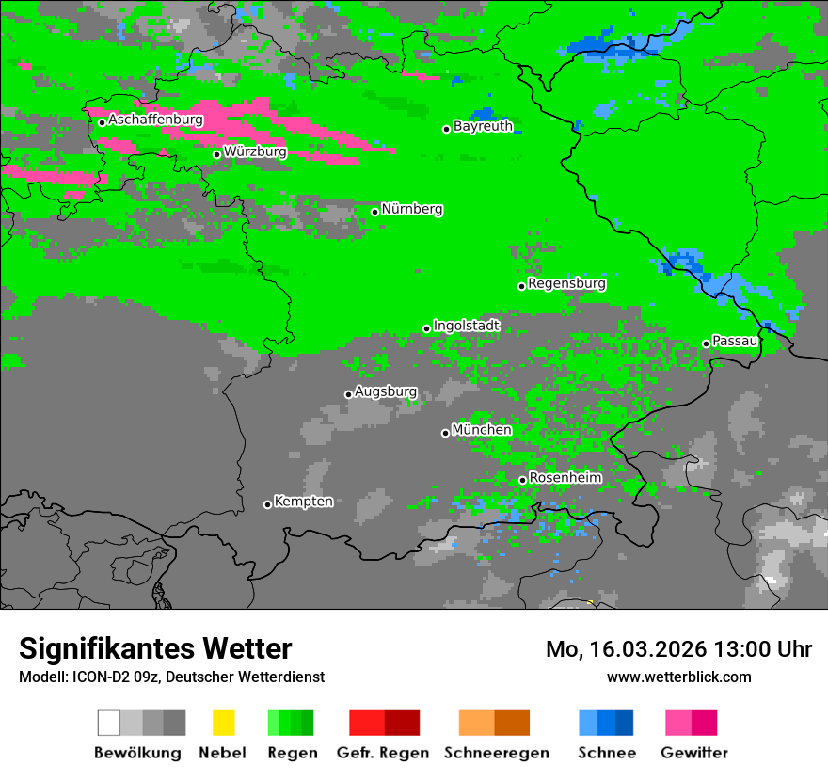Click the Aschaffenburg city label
pyautogui.click(x=155, y=120)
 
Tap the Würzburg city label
pyautogui.click(x=255, y=151)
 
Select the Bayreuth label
pyautogui.click(x=483, y=126)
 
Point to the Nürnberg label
pyautogui.click(x=411, y=209)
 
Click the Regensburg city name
pyautogui.click(x=566, y=283)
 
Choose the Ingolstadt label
pyautogui.click(x=467, y=326)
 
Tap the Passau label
pyautogui.click(x=735, y=341)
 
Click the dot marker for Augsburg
pyautogui.click(x=348, y=394)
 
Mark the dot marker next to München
pyautogui.click(x=445, y=433)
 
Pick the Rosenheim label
pyautogui.click(x=565, y=478)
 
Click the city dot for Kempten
pyautogui.click(x=267, y=504)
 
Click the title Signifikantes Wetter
pyautogui.click(x=155, y=649)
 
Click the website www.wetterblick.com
pyautogui.click(x=678, y=677)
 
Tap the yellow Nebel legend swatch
pyautogui.click(x=223, y=723)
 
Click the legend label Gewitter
pyautogui.click(x=693, y=753)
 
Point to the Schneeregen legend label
pyautogui.click(x=496, y=753)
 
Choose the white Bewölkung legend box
pyautogui.click(x=108, y=723)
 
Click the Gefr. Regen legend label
pyautogui.click(x=382, y=753)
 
